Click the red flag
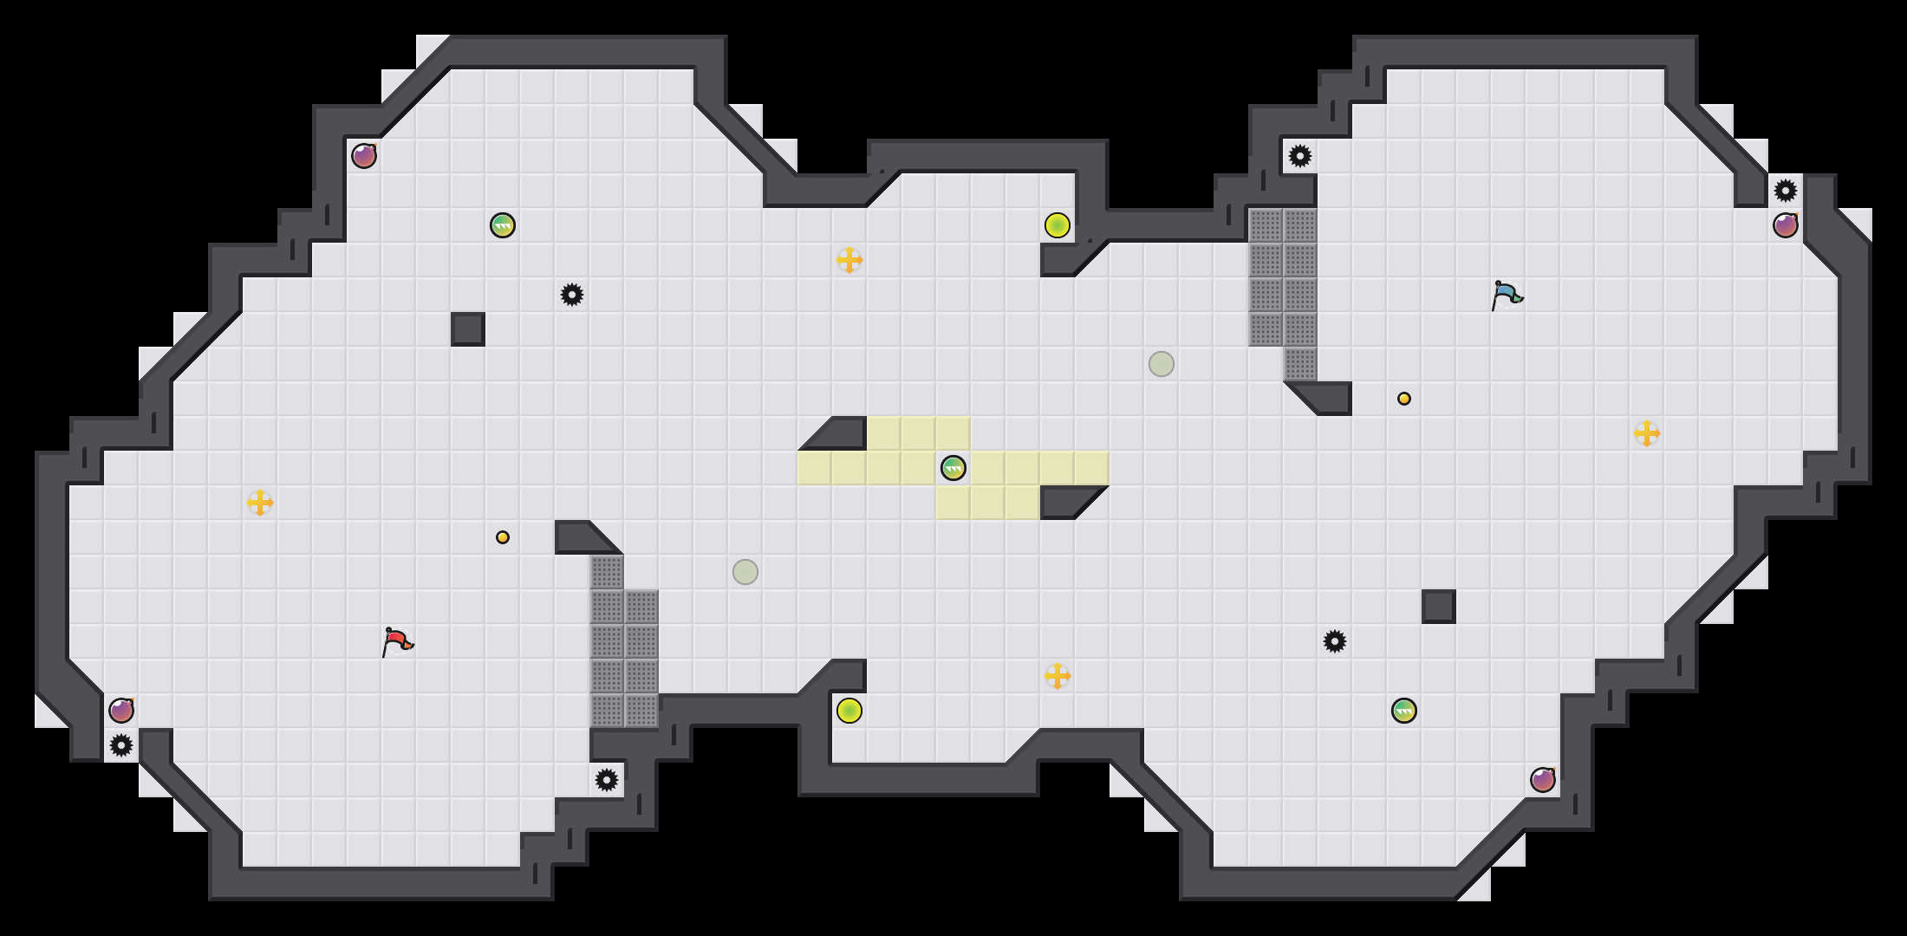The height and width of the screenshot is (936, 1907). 397,641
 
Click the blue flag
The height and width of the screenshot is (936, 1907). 1507,295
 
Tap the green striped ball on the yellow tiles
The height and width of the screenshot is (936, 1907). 953,468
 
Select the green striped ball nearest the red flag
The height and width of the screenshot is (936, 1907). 503,225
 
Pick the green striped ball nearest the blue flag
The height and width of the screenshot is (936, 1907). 1404,711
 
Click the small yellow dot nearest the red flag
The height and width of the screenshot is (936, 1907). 503,537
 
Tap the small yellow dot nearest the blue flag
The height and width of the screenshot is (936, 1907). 1404,399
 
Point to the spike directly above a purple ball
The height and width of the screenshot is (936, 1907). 1786,191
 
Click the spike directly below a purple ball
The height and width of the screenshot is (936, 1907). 121,745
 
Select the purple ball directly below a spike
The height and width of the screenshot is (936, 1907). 1786,225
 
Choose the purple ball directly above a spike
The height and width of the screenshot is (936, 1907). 121,711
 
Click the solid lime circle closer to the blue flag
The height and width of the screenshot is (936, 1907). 1058,225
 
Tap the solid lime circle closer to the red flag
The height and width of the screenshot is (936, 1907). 849,711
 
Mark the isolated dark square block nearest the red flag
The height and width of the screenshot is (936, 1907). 468,329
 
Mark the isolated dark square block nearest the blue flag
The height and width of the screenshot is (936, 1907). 1439,607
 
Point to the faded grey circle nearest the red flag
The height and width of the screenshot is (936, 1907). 745,572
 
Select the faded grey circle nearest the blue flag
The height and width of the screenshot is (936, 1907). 1162,364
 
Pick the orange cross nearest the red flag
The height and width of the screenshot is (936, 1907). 260,503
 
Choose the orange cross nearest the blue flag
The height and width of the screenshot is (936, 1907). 1647,433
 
